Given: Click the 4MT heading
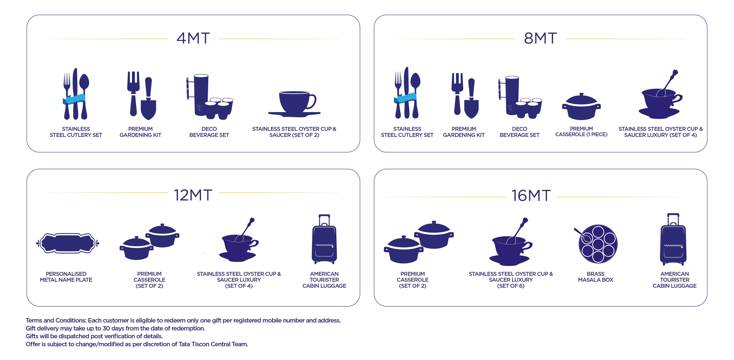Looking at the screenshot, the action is tap(193, 38).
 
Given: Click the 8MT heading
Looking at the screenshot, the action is tap(540, 38).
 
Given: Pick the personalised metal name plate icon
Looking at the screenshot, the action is tap(67, 243).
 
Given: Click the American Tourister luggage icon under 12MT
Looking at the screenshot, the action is tap(324, 239).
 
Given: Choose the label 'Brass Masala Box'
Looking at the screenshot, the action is tap(595, 277).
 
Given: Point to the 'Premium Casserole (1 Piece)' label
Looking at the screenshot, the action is tap(581, 131).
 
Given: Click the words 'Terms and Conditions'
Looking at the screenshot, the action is tap(56, 320).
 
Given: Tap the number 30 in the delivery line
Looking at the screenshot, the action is tap(106, 328).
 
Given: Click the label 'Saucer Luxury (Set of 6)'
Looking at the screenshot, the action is tap(511, 283).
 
